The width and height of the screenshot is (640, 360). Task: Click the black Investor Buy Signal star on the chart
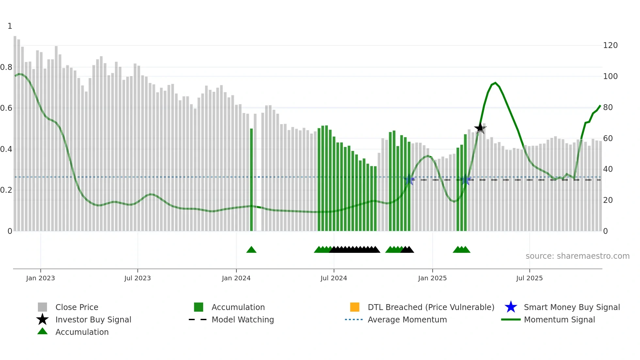coord(480,128)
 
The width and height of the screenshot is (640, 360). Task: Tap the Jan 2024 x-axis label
coord(236,278)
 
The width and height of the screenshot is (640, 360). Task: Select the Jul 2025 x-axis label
coord(529,278)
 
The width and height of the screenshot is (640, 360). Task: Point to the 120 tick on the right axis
coord(610,45)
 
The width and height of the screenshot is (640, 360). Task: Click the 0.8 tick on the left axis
coord(6,67)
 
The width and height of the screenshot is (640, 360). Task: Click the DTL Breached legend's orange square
coord(355,307)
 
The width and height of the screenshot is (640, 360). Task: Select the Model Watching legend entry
coord(242,319)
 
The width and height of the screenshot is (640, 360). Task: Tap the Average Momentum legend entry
coord(407,319)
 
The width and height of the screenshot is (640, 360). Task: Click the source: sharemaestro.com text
coord(577,256)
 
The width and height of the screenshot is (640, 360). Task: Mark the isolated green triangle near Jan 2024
coord(251,250)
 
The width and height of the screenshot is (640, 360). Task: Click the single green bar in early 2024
coord(251,180)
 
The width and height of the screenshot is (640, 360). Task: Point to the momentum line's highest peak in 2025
coord(495,83)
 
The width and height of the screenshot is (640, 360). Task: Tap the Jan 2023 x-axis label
coord(40,278)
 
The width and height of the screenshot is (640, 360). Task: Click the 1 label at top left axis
coord(10,26)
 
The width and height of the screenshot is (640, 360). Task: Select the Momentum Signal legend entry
coord(559,319)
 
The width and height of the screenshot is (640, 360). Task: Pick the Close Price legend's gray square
coord(42,307)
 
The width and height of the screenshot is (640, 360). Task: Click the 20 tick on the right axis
coord(608,200)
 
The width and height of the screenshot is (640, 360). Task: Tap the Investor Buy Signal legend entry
coord(93,319)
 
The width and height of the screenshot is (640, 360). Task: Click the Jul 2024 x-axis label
coord(334,278)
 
